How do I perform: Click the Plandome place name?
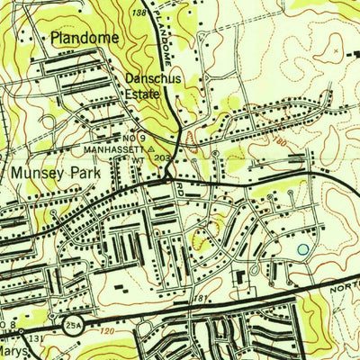(x=84, y=40)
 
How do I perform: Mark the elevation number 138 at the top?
(x=138, y=13)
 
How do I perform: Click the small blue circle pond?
(x=302, y=249)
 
